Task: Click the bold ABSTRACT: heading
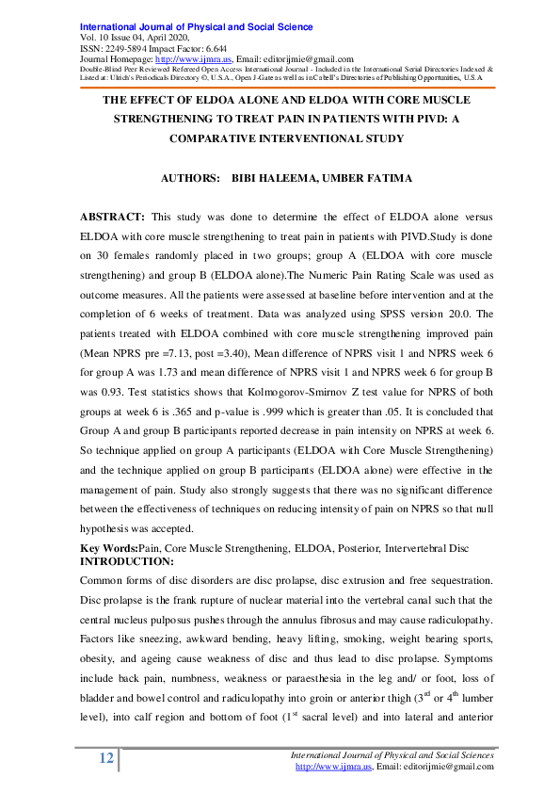(112, 217)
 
